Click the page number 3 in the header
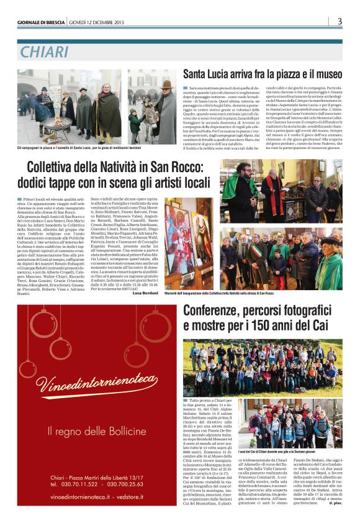[340, 22]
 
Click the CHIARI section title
[45, 52]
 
